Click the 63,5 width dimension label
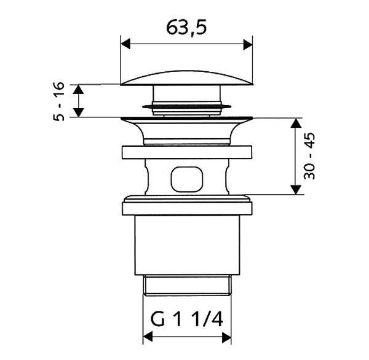(186, 28)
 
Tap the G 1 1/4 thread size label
(186, 319)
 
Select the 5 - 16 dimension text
(59, 101)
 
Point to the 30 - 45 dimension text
(309, 156)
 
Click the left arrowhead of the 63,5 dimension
(125, 44)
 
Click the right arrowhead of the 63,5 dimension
(248, 44)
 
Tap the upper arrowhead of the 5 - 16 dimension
(78, 90)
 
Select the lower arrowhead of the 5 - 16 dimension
(78, 112)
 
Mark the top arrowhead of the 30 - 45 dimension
(296, 123)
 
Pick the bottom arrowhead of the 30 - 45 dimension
(296, 190)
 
